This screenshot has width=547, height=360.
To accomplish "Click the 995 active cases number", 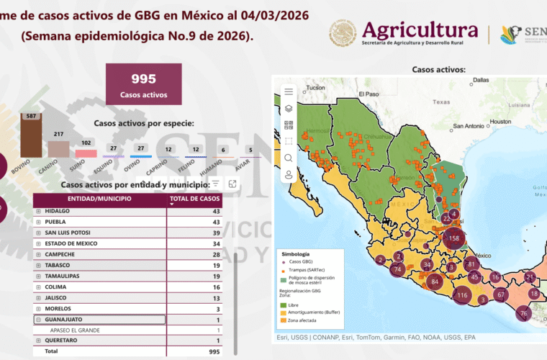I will [143, 79].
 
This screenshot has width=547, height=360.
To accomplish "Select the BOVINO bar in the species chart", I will [29, 137].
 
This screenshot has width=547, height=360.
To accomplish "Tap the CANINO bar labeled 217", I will [58, 148].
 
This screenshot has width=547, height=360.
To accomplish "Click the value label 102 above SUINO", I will [86, 143].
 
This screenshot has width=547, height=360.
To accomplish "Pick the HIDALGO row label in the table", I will [58, 211].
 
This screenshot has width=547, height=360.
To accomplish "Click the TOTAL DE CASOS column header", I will [195, 199].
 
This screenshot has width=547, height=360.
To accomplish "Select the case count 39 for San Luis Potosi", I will [215, 233].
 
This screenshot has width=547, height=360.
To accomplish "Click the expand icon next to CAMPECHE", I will [38, 255].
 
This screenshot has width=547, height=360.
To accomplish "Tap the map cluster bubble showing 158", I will [453, 238].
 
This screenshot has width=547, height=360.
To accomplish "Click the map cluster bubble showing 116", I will [461, 295].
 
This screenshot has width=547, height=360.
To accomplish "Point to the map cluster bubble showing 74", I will [397, 269].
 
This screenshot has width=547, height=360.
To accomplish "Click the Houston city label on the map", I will [498, 121].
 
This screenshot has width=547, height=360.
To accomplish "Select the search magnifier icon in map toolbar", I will [289, 158].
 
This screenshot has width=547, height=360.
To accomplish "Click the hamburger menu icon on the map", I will [289, 91].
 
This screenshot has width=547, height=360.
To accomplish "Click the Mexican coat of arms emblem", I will [343, 33].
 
